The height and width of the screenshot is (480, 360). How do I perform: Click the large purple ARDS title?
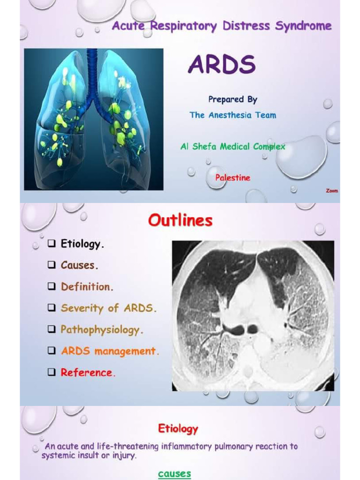click(x=221, y=65)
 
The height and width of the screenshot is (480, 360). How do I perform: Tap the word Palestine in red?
click(x=232, y=178)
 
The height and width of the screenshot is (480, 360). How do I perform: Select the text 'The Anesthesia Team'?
click(x=232, y=115)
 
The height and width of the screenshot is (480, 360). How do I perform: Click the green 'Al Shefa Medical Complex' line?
click(x=232, y=147)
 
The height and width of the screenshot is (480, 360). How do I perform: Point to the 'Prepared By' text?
click(x=232, y=99)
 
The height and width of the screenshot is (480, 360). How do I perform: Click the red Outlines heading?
click(x=180, y=220)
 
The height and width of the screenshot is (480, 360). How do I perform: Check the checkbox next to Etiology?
click(x=52, y=244)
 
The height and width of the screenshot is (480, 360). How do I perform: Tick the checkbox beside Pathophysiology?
click(x=52, y=330)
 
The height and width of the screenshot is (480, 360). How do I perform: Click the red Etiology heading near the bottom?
click(x=178, y=428)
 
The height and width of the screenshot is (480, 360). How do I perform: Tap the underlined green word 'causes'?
click(x=174, y=473)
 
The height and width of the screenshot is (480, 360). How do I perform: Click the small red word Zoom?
click(x=332, y=191)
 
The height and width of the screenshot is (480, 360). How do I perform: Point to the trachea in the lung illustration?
click(x=92, y=70)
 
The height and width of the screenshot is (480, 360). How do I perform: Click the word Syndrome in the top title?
click(x=303, y=26)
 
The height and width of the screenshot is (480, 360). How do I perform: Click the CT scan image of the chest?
click(x=253, y=315)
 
